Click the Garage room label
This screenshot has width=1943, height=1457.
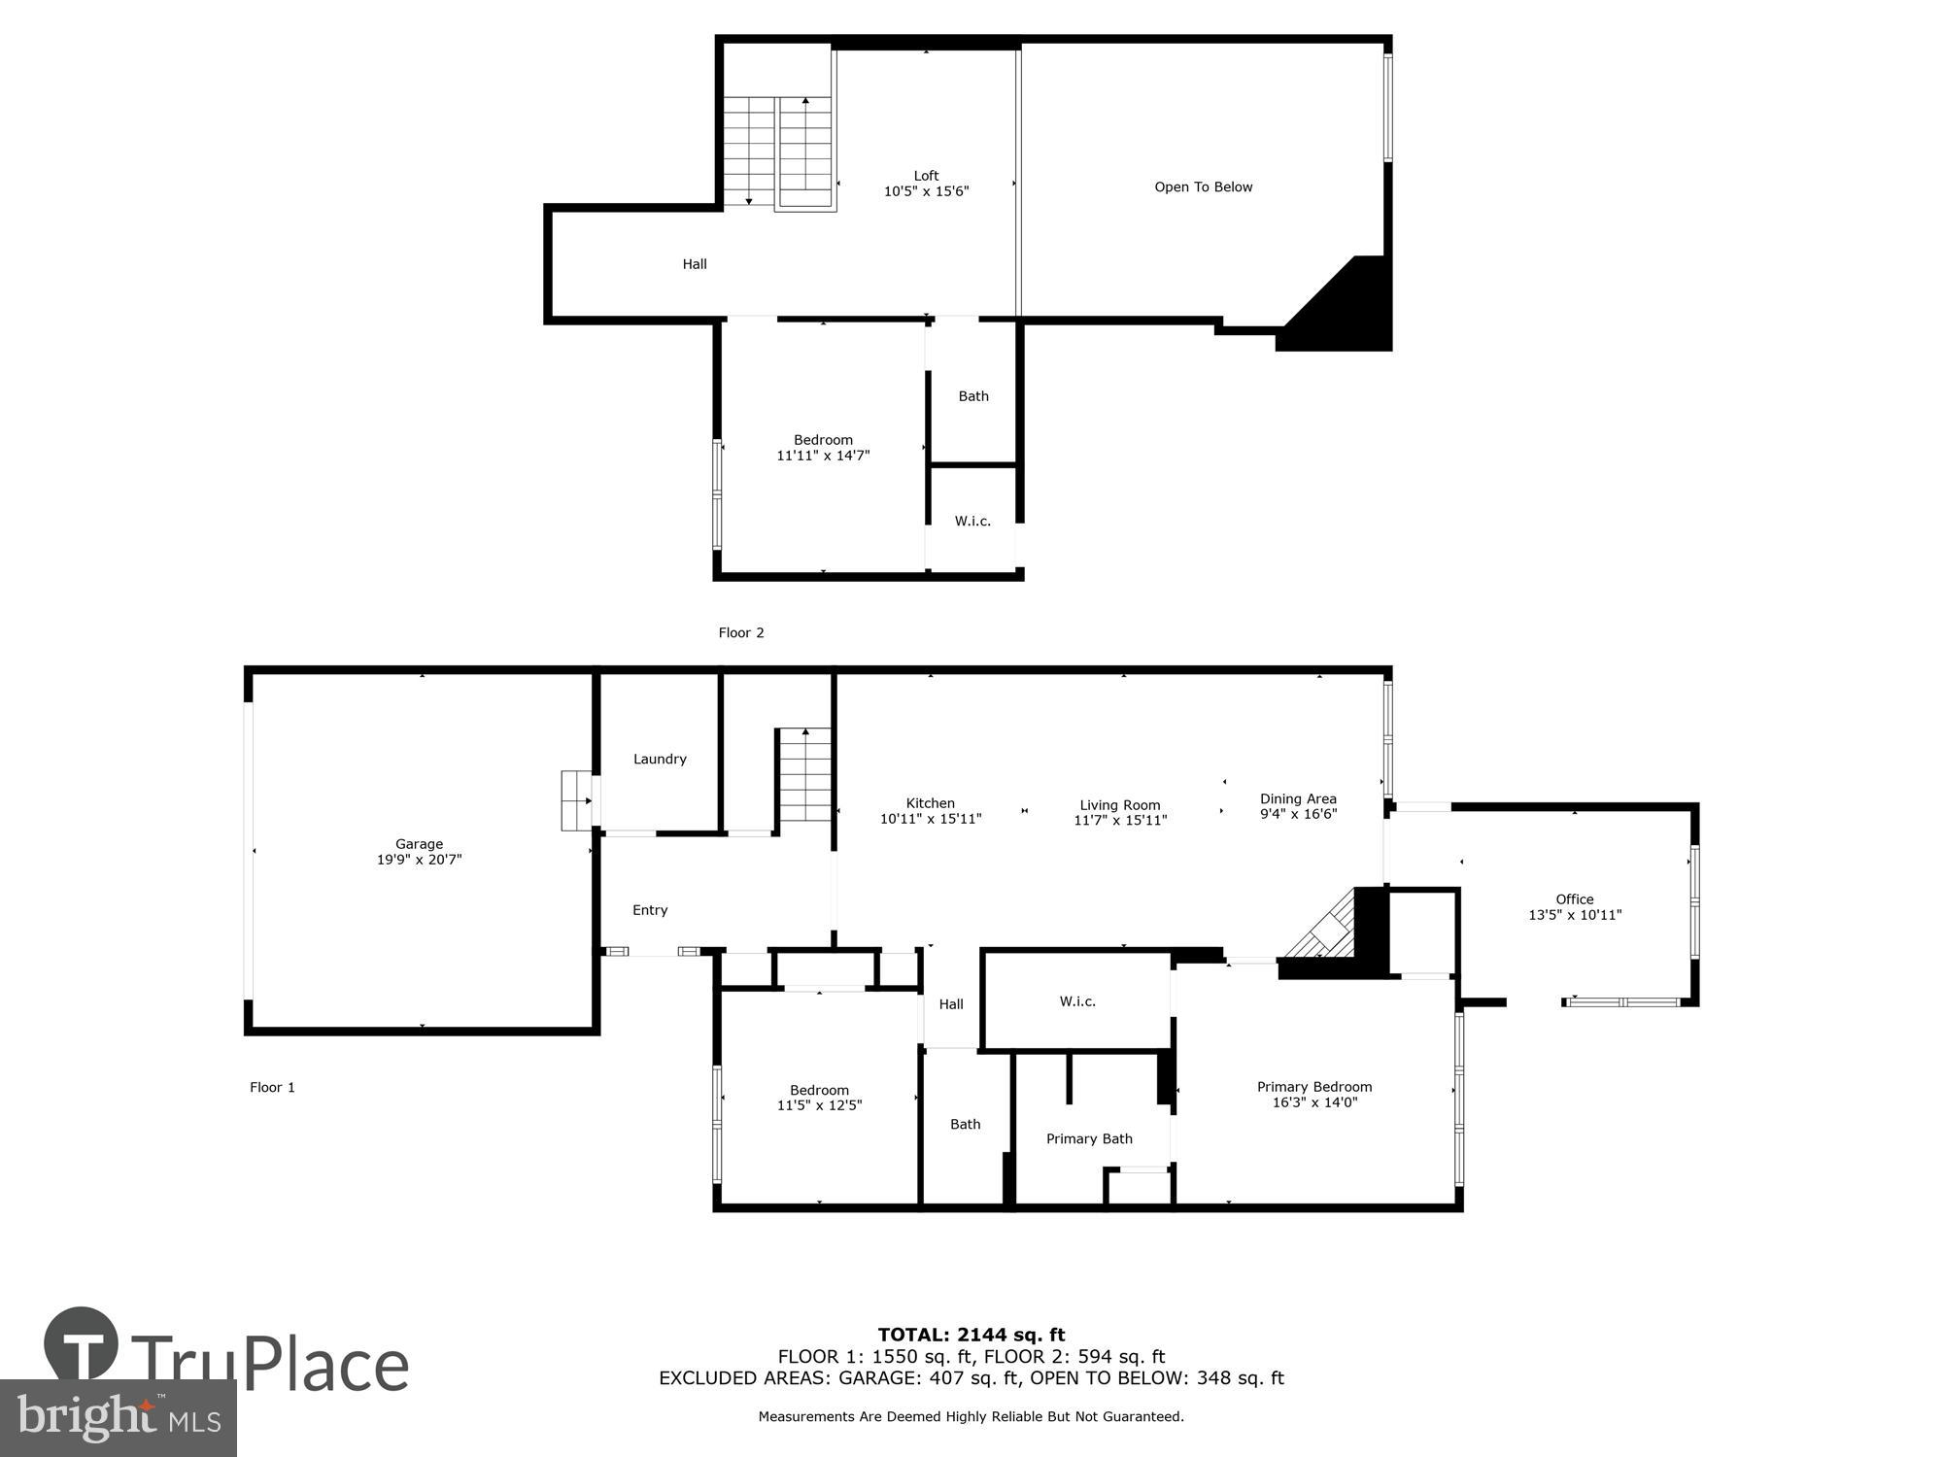pyautogui.click(x=419, y=844)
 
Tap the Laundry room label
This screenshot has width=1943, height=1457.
pyautogui.click(x=660, y=759)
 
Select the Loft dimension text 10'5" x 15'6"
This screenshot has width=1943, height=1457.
pyautogui.click(x=926, y=191)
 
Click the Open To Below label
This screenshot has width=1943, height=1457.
pyautogui.click(x=1203, y=186)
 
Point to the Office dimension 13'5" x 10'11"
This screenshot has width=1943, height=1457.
pyautogui.click(x=1574, y=915)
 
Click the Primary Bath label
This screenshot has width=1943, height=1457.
pyautogui.click(x=1088, y=1138)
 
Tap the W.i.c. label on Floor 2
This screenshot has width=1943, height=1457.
pyautogui.click(x=972, y=521)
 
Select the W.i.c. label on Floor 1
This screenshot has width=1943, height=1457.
pyautogui.click(x=1077, y=1000)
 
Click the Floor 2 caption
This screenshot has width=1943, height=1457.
pyautogui.click(x=740, y=632)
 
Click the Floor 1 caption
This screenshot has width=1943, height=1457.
pyautogui.click(x=272, y=1087)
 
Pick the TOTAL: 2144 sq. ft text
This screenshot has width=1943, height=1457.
pyautogui.click(x=971, y=1335)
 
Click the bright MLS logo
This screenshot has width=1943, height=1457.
pyautogui.click(x=119, y=1418)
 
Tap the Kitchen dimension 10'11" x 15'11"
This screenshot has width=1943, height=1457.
pyautogui.click(x=930, y=819)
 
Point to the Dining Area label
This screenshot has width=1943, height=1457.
pyautogui.click(x=1298, y=798)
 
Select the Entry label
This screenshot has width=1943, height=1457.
pyautogui.click(x=650, y=910)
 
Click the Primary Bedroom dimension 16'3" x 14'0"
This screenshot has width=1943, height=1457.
pyautogui.click(x=1313, y=1102)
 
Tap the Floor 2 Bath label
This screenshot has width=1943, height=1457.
pyautogui.click(x=973, y=395)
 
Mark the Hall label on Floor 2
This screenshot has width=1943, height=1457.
pyautogui.click(x=695, y=263)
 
